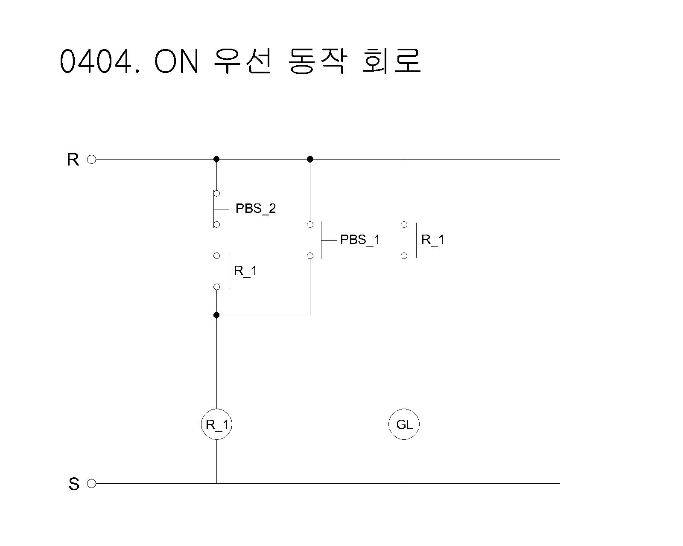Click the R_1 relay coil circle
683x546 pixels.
(x=216, y=424)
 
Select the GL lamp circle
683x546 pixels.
(x=404, y=424)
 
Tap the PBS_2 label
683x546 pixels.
(x=256, y=209)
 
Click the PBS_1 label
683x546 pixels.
(x=359, y=240)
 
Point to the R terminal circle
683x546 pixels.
(x=91, y=160)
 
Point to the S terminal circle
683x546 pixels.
(x=91, y=483)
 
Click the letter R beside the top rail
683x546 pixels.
(x=73, y=160)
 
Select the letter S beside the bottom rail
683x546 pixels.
(x=74, y=484)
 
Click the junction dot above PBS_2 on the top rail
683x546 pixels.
(x=216, y=159)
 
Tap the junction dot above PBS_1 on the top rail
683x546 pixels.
(x=310, y=159)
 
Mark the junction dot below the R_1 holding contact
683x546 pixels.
(x=216, y=315)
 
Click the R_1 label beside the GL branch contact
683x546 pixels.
(x=432, y=240)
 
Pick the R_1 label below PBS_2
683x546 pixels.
(x=245, y=271)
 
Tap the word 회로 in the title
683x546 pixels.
(x=391, y=61)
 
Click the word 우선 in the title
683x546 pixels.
(x=242, y=61)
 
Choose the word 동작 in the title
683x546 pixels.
(x=316, y=61)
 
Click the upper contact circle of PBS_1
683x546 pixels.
(x=310, y=225)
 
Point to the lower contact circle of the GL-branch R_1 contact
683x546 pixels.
(x=404, y=256)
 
